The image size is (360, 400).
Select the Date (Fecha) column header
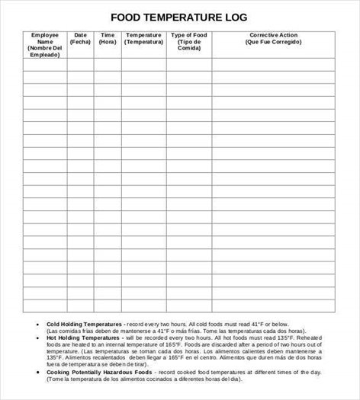point(80,39)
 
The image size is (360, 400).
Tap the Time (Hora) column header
point(108,39)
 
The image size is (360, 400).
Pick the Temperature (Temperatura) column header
point(144,39)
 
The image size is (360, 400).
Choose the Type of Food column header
point(189,42)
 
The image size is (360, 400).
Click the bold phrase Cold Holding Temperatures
point(75,324)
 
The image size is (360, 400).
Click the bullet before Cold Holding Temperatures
point(37,324)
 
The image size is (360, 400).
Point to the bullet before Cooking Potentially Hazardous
point(37,371)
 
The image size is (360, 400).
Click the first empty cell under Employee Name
point(44,66)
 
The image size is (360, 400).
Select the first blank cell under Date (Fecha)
point(80,66)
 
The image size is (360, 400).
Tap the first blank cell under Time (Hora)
point(108,66)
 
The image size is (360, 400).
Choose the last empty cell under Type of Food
point(189,306)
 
